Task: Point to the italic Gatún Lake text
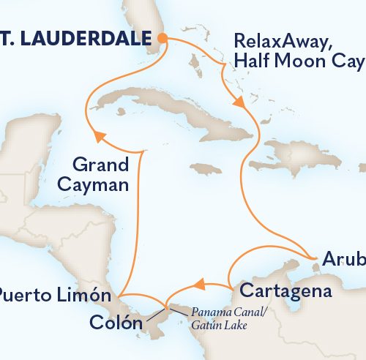coord(217,324)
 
